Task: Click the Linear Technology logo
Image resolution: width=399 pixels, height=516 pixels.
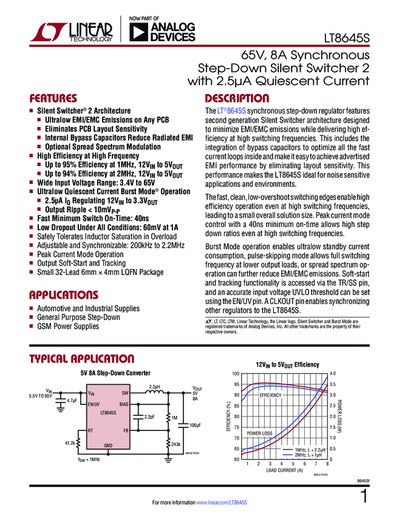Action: click(x=72, y=32)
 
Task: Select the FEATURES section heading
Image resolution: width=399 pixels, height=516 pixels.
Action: click(x=53, y=98)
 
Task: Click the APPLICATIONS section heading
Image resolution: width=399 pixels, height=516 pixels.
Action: click(x=64, y=295)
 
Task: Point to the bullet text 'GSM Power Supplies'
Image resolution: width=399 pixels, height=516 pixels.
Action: click(x=68, y=327)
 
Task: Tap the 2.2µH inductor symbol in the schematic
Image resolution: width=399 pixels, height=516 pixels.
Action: click(x=154, y=393)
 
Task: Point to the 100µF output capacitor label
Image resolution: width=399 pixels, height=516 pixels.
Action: click(x=195, y=425)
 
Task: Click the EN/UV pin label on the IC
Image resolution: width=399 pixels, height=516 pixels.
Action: click(x=94, y=403)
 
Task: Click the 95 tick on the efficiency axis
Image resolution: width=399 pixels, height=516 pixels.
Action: click(x=236, y=384)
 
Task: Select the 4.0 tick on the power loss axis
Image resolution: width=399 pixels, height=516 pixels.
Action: click(x=332, y=373)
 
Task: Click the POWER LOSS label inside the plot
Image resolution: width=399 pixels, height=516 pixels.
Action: click(x=259, y=433)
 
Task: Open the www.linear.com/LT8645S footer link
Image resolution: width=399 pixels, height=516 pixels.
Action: click(x=222, y=503)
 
